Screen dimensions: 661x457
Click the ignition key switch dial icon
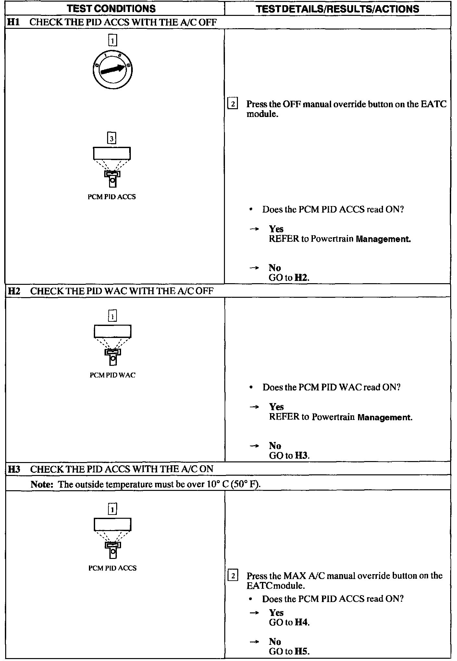[x=112, y=70]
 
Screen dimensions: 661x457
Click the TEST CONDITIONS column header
[x=111, y=8]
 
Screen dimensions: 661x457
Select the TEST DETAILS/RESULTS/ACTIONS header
[x=338, y=9]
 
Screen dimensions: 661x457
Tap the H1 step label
[x=13, y=22]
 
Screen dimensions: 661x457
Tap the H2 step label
[x=14, y=291]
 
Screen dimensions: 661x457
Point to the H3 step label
[x=14, y=469]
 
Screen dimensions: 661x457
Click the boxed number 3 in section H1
[x=112, y=139]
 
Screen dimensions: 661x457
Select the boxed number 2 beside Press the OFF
[x=233, y=104]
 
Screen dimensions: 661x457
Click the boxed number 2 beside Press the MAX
[x=233, y=576]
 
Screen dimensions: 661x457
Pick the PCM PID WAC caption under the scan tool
[x=112, y=375]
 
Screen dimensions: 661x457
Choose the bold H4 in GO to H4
[x=302, y=622]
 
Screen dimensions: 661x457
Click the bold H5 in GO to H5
[x=302, y=651]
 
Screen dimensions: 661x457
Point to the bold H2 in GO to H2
[x=301, y=278]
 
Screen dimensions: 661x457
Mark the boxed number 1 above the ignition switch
[x=112, y=41]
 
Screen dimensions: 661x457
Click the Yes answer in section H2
[x=276, y=407]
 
